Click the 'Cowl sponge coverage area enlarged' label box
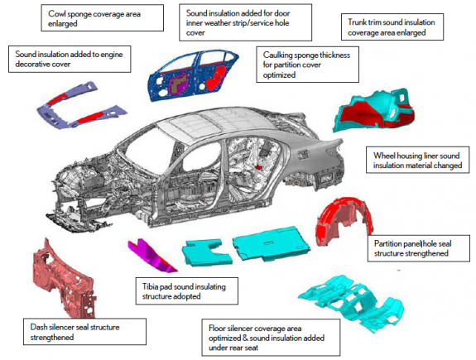[103, 17]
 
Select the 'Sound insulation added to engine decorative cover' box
[70, 59]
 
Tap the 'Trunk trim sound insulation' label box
[392, 26]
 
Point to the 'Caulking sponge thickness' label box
[307, 65]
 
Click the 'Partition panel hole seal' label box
[419, 248]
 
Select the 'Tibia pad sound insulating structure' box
[187, 291]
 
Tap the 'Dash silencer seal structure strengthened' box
[84, 332]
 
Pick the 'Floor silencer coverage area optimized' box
[271, 338]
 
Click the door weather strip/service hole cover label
[245, 22]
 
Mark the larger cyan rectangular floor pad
[271, 243]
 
